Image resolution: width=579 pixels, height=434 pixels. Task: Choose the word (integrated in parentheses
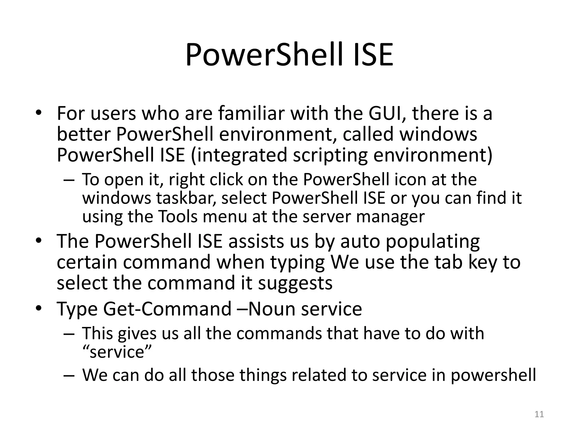(x=239, y=155)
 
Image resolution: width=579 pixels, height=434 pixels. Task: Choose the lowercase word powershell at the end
(x=493, y=375)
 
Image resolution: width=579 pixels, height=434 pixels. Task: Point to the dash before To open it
(x=69, y=180)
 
